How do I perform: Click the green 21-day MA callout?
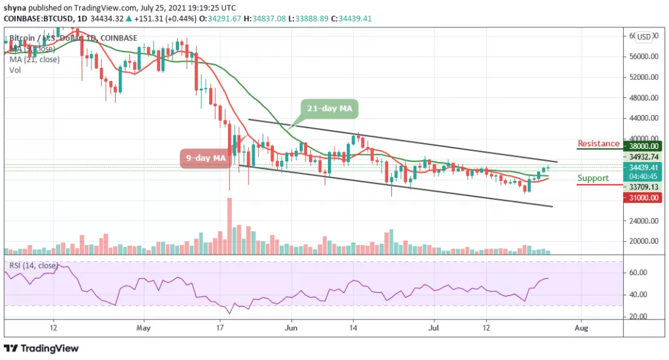coord(330,108)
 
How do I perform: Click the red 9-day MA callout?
coord(205,157)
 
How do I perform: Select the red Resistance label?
coord(598,144)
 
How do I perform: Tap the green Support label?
coord(593,178)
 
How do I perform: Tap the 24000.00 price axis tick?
coord(640,221)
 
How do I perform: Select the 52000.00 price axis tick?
coord(640,77)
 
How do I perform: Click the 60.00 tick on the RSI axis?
coord(636,272)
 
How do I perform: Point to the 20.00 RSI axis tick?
coord(636,316)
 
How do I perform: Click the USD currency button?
coord(644,37)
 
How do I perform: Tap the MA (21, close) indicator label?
coord(37,59)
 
